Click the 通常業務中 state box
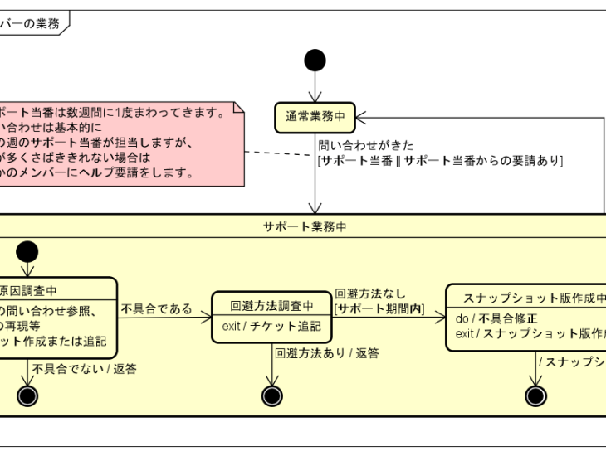pyautogui.click(x=315, y=117)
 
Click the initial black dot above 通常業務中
pyautogui.click(x=315, y=61)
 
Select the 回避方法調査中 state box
pyautogui.click(x=272, y=316)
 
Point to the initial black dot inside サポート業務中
pyautogui.click(x=27, y=252)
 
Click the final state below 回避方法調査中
pyautogui.click(x=272, y=395)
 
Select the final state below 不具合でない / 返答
pyautogui.click(x=27, y=395)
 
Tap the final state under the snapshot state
pyautogui.click(x=536, y=395)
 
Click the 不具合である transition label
pyautogui.click(x=156, y=309)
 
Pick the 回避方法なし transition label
pyautogui.click(x=370, y=293)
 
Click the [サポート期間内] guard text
pyautogui.click(x=379, y=309)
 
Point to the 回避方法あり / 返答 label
pyautogui.click(x=326, y=353)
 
